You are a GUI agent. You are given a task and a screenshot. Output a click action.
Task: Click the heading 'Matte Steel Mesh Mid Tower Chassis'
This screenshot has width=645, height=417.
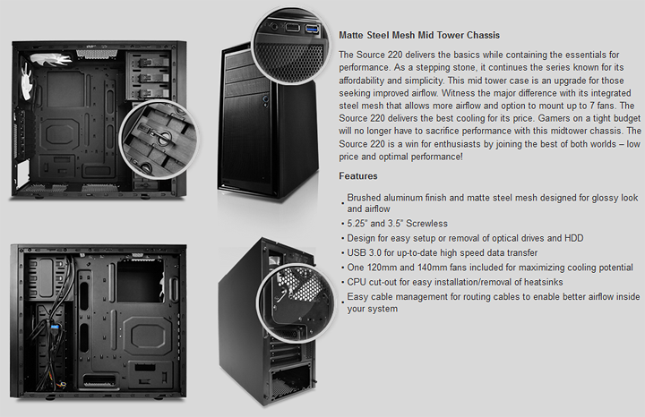(x=419, y=35)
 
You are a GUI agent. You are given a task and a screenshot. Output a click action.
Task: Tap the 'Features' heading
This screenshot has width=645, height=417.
(x=357, y=176)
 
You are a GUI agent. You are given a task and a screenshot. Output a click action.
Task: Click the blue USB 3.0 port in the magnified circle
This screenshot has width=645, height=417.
(x=312, y=29)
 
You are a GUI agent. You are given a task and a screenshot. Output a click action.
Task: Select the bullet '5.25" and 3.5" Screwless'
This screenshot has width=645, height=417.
(x=397, y=224)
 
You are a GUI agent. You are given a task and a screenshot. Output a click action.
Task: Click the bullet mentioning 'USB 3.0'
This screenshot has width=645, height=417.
(x=443, y=252)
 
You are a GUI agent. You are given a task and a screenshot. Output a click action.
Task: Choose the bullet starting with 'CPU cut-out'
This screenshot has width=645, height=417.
(x=454, y=282)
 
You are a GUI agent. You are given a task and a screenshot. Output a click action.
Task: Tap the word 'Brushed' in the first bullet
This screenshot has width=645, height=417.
(x=364, y=198)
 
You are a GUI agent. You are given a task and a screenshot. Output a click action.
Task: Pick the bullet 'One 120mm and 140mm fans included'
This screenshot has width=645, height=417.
(x=489, y=268)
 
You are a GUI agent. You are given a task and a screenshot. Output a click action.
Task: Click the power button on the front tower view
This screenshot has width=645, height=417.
(x=265, y=99)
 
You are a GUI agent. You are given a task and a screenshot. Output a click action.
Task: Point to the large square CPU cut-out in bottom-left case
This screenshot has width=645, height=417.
(x=140, y=281)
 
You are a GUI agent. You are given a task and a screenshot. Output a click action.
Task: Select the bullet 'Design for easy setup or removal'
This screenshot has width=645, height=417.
(x=465, y=238)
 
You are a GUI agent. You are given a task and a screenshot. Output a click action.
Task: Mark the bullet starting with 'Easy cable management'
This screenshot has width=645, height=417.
(x=494, y=302)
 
